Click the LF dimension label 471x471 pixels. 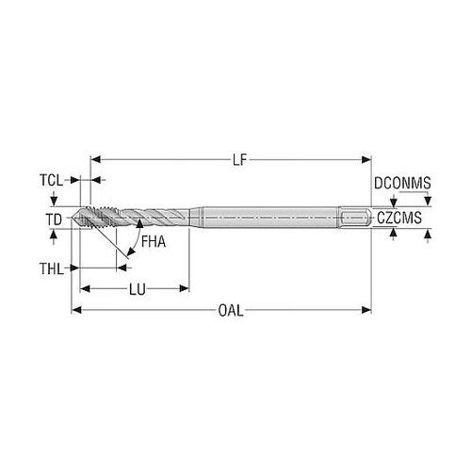point(240,160)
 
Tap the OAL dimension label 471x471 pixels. point(231,311)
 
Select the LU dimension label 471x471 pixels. point(138,289)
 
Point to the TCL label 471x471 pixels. point(51,181)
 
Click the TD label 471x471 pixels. point(54,219)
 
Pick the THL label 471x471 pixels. point(52,269)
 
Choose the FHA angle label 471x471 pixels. point(154,242)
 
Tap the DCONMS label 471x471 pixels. point(402,183)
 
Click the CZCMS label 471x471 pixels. point(399,218)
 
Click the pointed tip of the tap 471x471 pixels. point(73,218)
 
